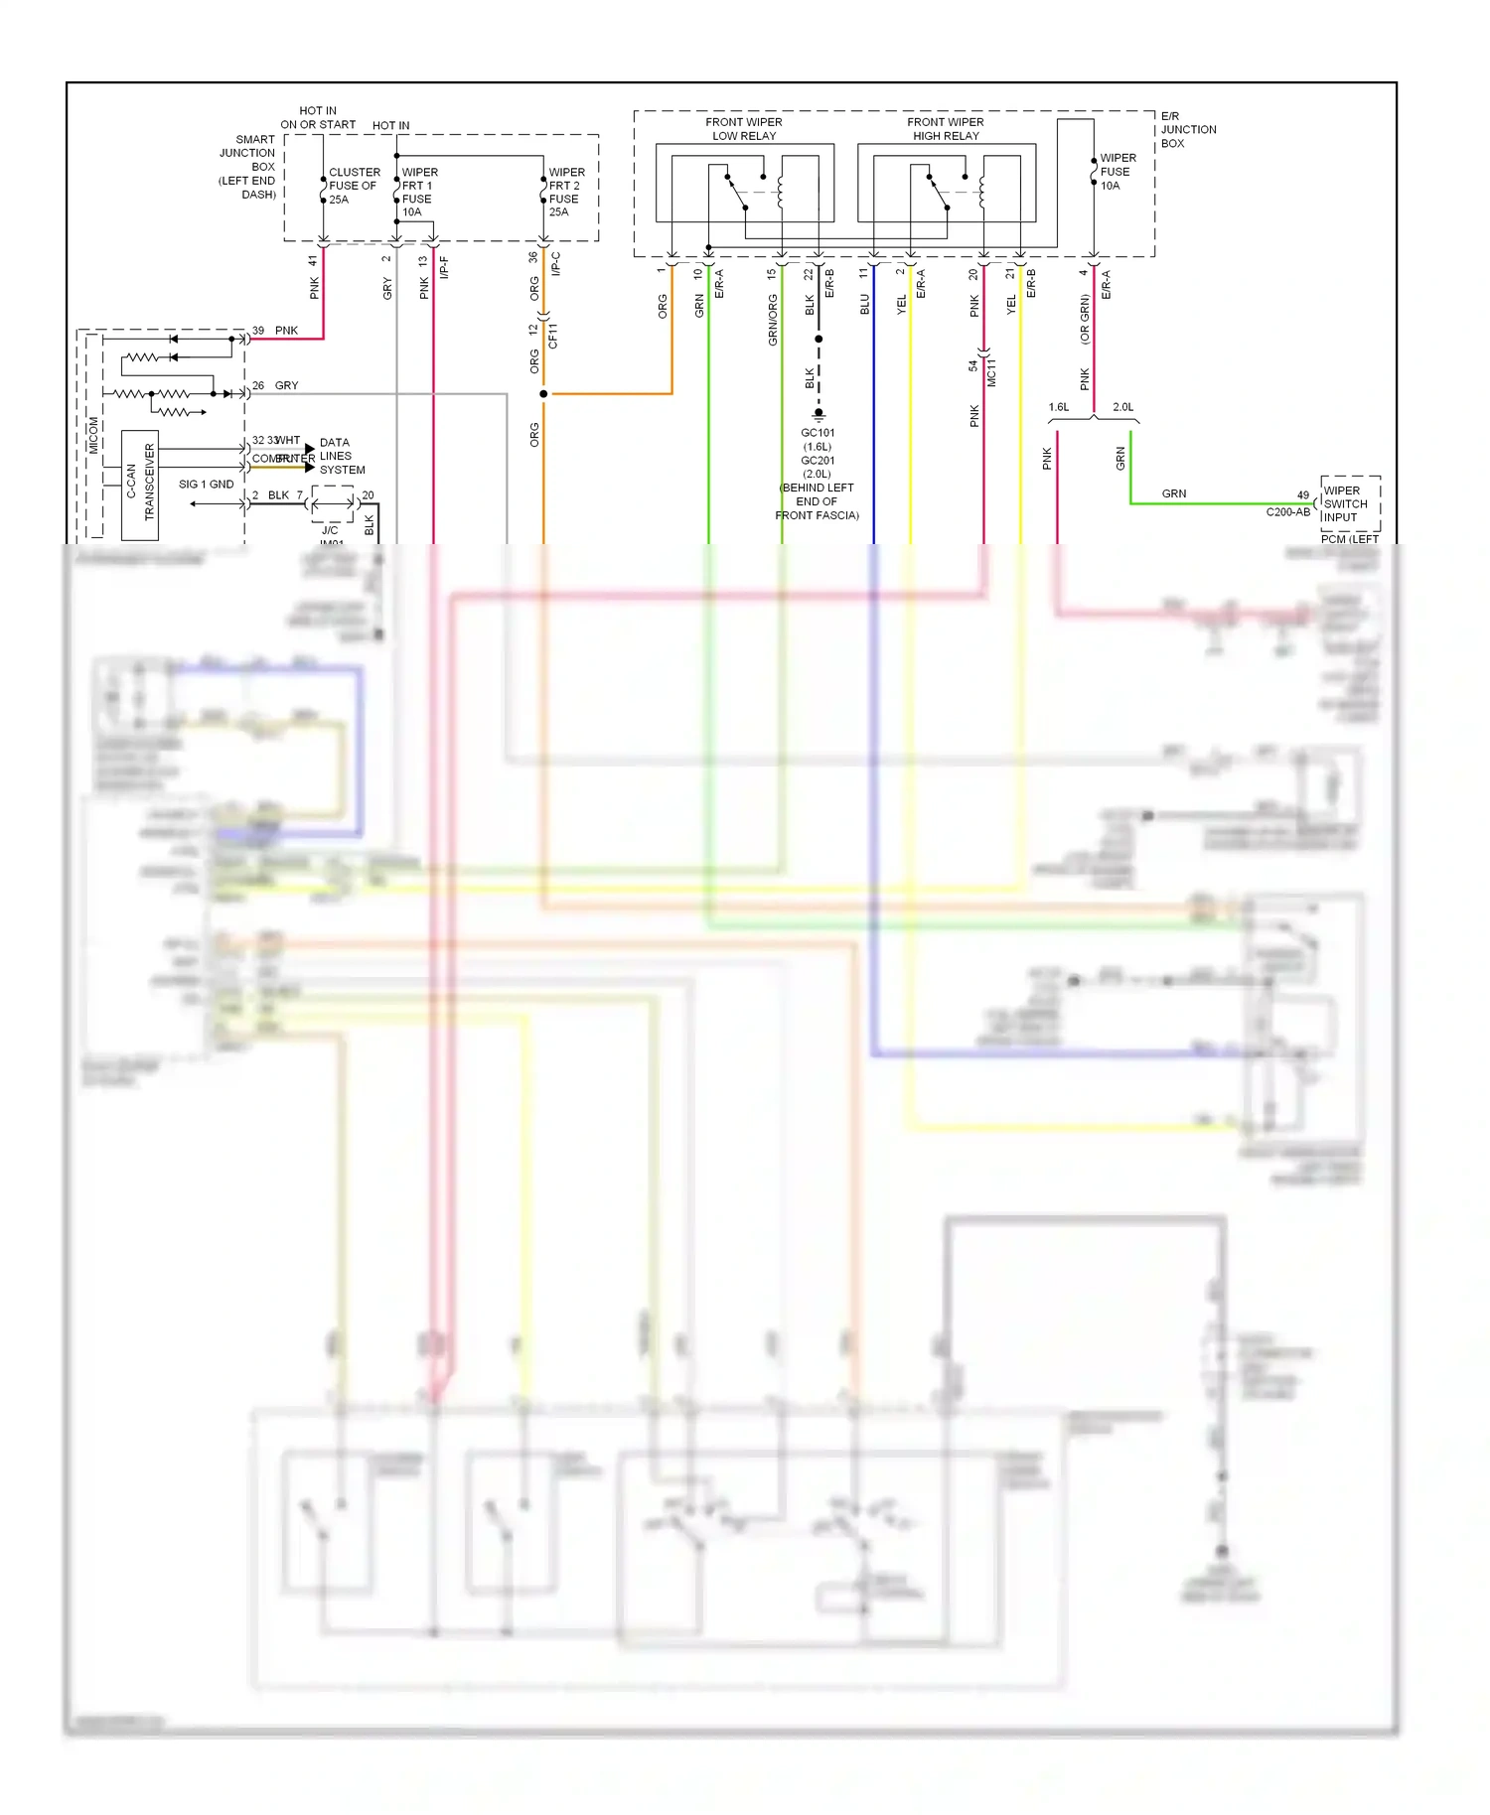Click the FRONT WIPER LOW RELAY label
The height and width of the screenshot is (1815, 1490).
(x=743, y=129)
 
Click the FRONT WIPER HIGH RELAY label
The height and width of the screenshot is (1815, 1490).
(x=945, y=129)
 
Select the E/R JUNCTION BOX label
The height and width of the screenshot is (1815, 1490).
(x=1187, y=130)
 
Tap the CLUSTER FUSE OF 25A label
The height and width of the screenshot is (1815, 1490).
(x=354, y=186)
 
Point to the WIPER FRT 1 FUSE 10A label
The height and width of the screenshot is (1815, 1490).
(x=418, y=192)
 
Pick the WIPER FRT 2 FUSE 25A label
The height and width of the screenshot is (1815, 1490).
(x=565, y=192)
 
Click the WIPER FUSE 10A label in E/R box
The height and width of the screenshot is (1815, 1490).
(x=1117, y=172)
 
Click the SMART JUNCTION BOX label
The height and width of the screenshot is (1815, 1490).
(x=248, y=166)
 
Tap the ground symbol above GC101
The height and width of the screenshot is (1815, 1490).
(x=819, y=413)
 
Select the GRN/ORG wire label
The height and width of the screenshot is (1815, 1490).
(x=772, y=320)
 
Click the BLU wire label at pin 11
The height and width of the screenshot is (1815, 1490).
(x=864, y=304)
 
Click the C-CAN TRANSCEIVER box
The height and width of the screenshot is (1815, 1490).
(x=140, y=484)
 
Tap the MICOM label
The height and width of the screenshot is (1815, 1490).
(x=93, y=435)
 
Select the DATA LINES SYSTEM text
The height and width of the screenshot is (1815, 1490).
(x=342, y=456)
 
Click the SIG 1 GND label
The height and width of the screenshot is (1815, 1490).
(x=206, y=485)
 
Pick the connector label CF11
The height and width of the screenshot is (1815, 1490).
(x=553, y=336)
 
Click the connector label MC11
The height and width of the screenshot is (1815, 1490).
(x=991, y=372)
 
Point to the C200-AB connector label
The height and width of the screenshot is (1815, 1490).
(x=1287, y=512)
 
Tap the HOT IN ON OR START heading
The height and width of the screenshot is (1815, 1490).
(x=318, y=118)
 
